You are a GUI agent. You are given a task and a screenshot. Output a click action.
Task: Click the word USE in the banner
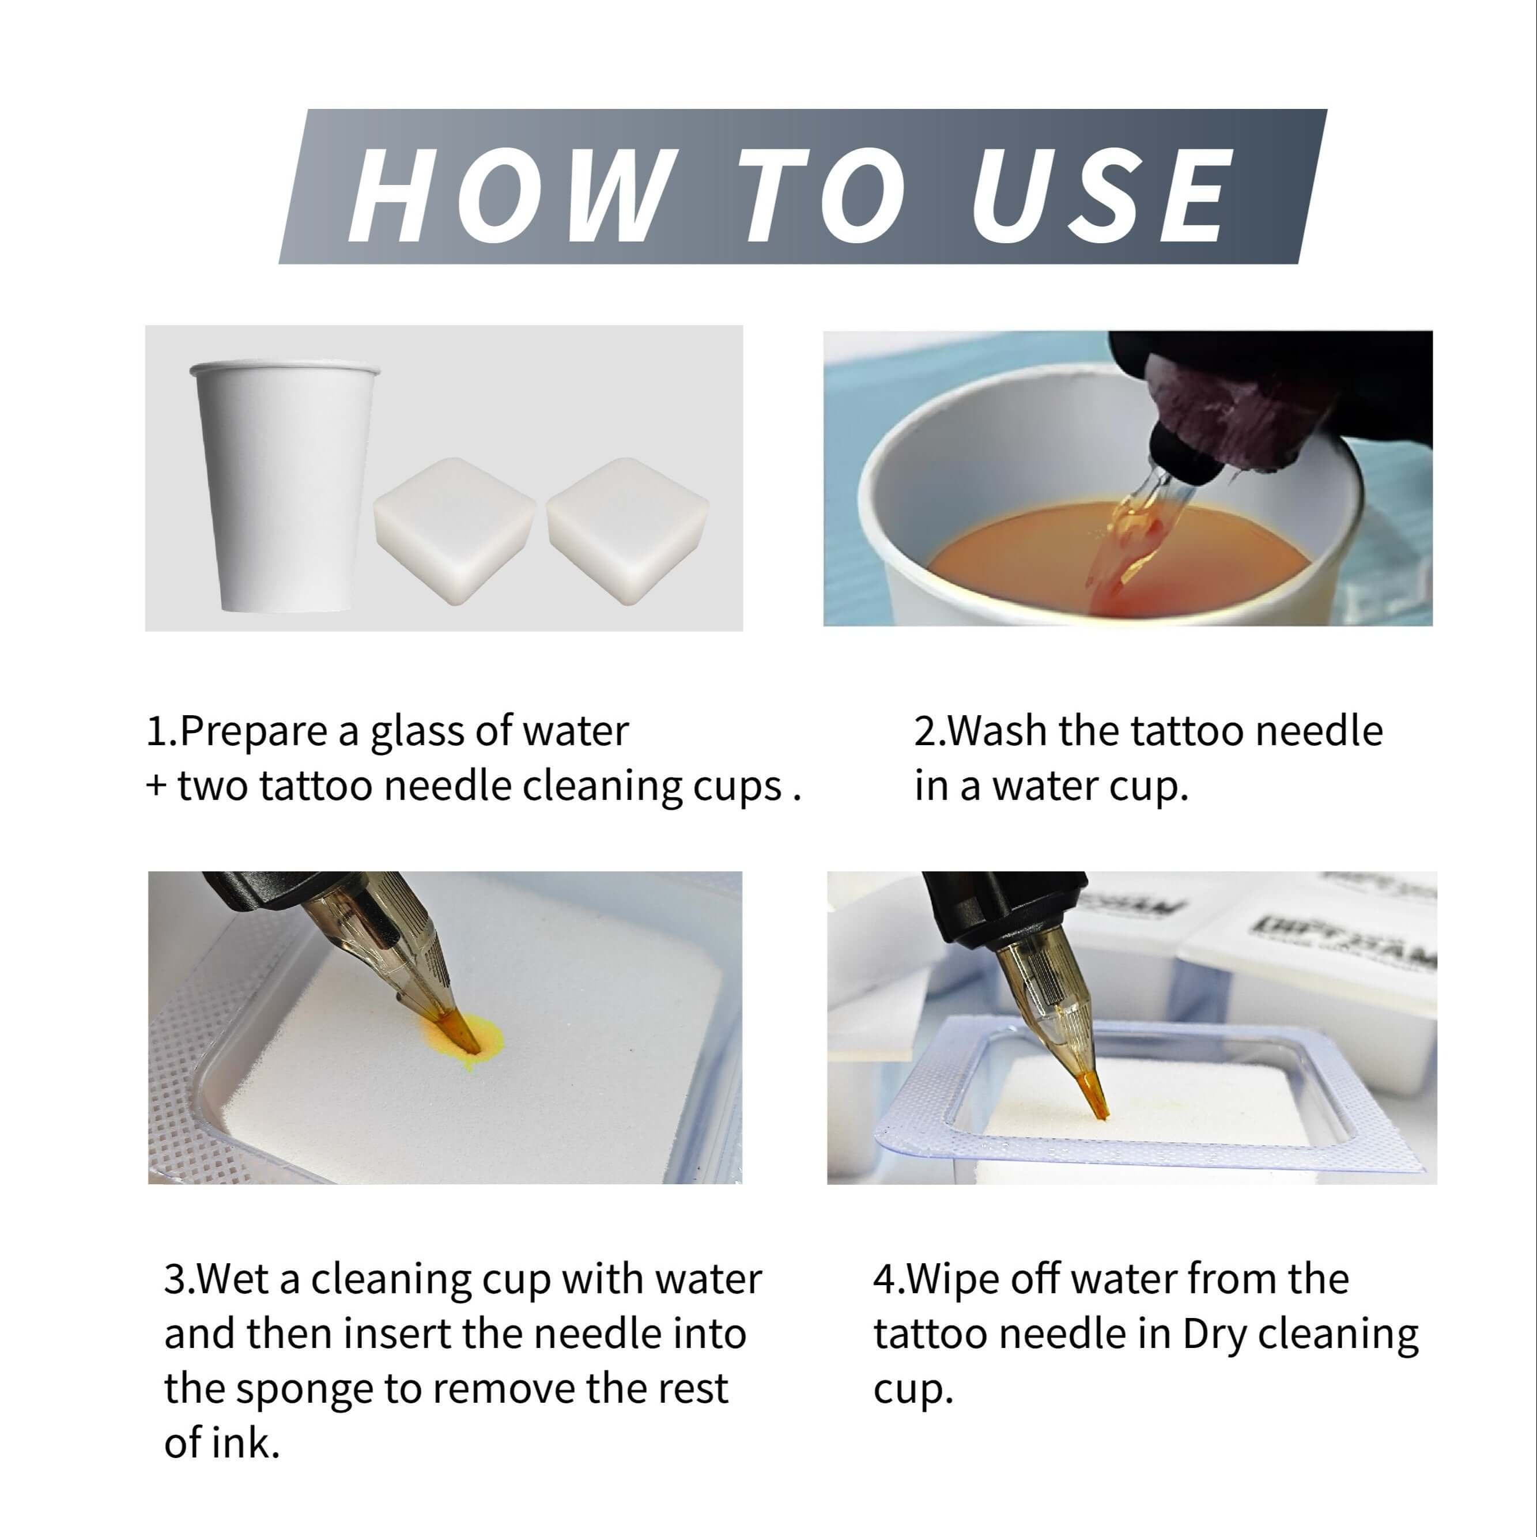[1101, 195]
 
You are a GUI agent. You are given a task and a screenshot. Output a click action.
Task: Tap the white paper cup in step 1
[282, 485]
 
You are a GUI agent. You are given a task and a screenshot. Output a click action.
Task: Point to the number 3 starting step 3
[173, 1280]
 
